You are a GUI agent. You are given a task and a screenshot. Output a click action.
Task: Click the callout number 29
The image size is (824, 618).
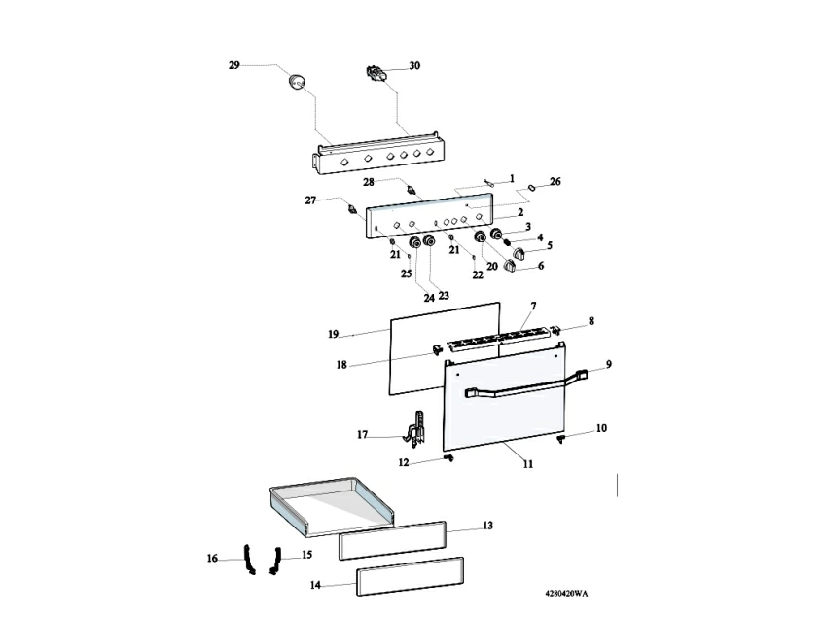[233, 65]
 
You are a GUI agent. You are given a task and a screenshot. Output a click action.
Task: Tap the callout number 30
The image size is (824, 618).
[414, 66]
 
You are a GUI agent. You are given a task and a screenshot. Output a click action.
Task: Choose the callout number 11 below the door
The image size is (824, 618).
[527, 464]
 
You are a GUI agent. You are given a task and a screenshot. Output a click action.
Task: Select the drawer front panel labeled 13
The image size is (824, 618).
[392, 538]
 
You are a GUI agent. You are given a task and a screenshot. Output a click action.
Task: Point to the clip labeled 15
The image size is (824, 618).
[273, 558]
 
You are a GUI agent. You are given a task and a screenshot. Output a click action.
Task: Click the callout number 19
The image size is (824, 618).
[333, 334]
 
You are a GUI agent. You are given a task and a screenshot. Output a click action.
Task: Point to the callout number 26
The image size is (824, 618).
[555, 181]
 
